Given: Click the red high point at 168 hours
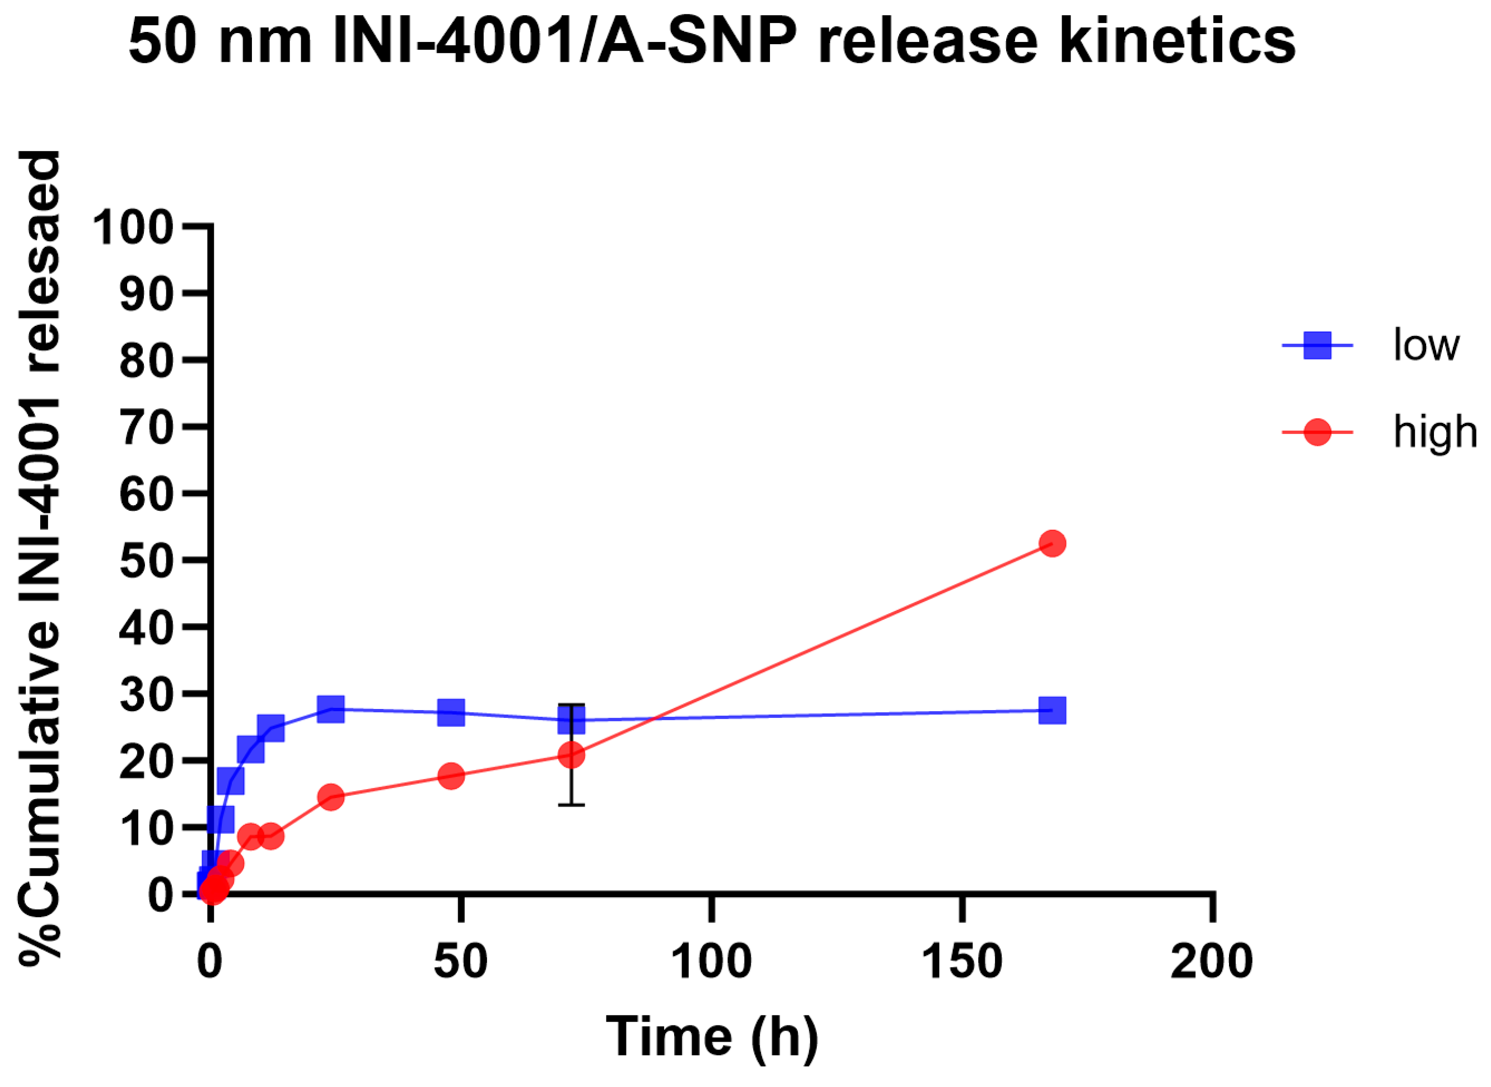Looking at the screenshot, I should [1052, 543].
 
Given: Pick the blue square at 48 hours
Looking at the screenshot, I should [451, 712].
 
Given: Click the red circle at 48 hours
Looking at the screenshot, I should [451, 776].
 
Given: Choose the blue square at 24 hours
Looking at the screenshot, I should [331, 710].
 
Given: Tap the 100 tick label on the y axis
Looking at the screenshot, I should [133, 228].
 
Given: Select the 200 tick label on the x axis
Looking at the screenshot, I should [1212, 963].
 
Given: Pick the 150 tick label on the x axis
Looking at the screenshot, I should [961, 963].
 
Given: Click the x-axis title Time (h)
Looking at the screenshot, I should [712, 1038].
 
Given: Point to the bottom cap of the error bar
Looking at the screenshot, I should [572, 805].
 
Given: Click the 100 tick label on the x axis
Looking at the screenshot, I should [712, 963].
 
